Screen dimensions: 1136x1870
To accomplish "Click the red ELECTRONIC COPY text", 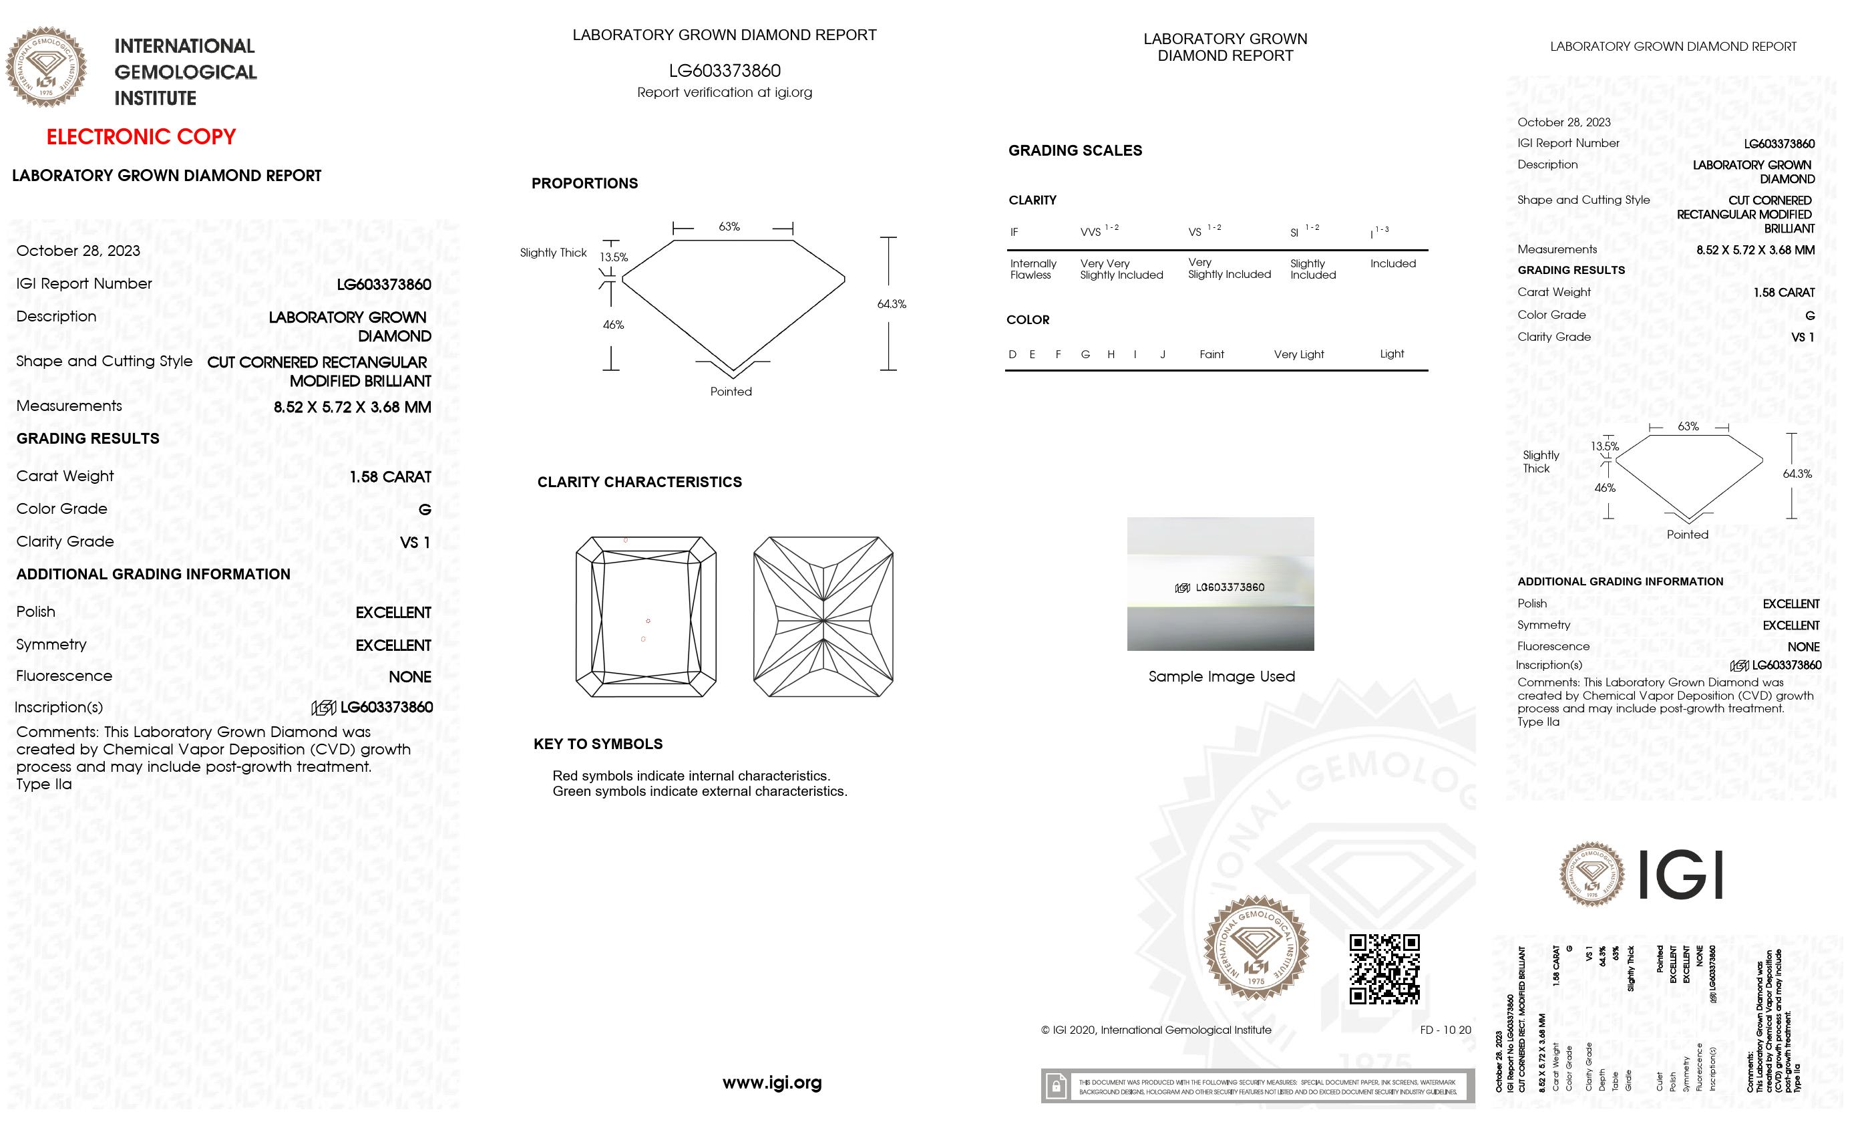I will pyautogui.click(x=141, y=137).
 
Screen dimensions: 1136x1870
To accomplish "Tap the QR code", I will pyautogui.click(x=1384, y=969).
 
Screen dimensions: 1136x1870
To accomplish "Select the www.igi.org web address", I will pyautogui.click(x=772, y=1083).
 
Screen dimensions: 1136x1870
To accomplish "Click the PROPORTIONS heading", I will pyautogui.click(x=584, y=184).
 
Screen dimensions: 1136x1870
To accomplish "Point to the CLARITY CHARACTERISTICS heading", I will pyautogui.click(x=639, y=482).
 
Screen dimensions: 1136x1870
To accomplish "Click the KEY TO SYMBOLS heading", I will pyautogui.click(x=598, y=744).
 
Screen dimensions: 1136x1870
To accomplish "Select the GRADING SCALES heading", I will pyautogui.click(x=1075, y=150).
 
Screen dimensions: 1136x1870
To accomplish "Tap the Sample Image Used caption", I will pyautogui.click(x=1221, y=676).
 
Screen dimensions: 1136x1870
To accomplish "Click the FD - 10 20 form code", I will pyautogui.click(x=1445, y=1030).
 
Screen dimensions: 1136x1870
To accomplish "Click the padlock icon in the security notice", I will pyautogui.click(x=1056, y=1087).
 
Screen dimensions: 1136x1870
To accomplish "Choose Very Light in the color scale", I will pyautogui.click(x=1298, y=355).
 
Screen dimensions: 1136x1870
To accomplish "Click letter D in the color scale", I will pyautogui.click(x=1012, y=355).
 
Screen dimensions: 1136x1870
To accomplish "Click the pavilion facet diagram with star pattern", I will pyautogui.click(x=823, y=617).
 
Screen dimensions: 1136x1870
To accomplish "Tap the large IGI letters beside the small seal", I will pyautogui.click(x=1680, y=875).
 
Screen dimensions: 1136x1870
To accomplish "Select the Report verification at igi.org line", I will pyautogui.click(x=724, y=93).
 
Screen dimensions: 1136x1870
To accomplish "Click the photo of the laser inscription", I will pyautogui.click(x=1220, y=584).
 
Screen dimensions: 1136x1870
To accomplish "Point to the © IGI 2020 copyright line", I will pyautogui.click(x=1156, y=1030).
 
